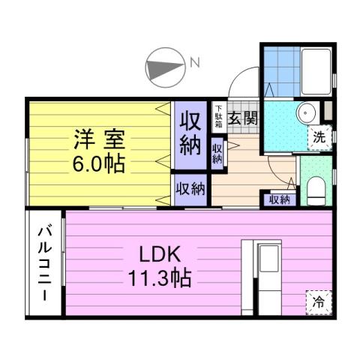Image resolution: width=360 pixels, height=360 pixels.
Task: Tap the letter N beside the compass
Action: coord(193,64)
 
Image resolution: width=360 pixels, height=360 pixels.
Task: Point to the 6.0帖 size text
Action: coord(98,162)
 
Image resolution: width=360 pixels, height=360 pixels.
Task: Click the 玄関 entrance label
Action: coord(242,118)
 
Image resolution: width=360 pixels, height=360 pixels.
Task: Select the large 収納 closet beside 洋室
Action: coord(191,134)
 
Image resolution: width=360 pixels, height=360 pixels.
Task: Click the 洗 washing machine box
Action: coord(319,137)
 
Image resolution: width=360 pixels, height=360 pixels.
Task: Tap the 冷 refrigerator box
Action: coord(319,304)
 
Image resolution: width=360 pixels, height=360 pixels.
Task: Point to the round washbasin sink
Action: coord(306,113)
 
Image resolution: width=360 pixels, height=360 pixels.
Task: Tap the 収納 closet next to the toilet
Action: coord(279,199)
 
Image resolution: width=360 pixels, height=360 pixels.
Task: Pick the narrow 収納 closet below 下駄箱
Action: coord(217,154)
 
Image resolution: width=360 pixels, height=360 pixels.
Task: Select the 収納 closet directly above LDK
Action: coord(191,188)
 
